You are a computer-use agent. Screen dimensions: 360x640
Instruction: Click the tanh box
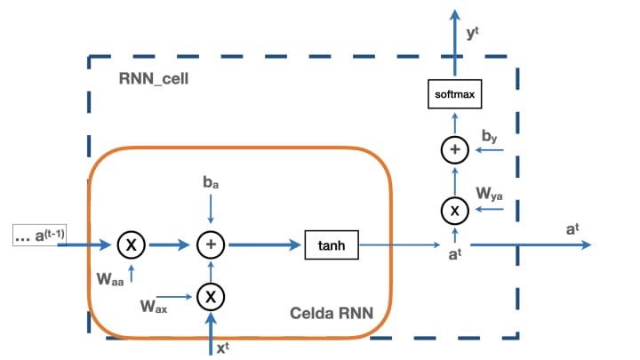[x=332, y=244]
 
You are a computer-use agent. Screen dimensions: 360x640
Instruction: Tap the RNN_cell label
[x=154, y=78]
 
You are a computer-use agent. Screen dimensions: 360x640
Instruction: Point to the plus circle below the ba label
[x=211, y=244]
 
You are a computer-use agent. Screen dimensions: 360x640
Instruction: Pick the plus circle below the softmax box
[x=455, y=150]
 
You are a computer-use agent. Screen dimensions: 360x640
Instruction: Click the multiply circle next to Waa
[x=131, y=244]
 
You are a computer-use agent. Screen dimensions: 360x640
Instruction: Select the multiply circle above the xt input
[x=211, y=294]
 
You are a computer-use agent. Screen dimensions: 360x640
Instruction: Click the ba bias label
[x=211, y=182]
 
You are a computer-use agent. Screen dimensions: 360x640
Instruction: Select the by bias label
[x=489, y=134]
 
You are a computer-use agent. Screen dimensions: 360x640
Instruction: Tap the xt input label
[x=223, y=348]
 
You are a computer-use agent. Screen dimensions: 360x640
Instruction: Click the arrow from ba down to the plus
[x=211, y=209]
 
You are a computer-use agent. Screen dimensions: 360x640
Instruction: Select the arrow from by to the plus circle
[x=490, y=151]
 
